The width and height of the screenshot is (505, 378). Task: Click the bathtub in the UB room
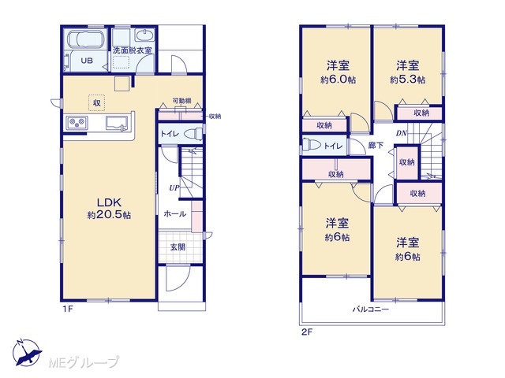click(x=86, y=39)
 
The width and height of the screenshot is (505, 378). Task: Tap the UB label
click(x=87, y=61)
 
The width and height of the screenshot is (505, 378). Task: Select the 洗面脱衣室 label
click(x=132, y=50)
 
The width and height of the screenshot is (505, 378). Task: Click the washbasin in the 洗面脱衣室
click(x=144, y=35)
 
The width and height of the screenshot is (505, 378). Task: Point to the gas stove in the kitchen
click(x=77, y=123)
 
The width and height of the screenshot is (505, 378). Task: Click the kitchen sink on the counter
click(x=117, y=123)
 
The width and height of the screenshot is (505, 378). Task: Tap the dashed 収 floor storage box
click(x=96, y=103)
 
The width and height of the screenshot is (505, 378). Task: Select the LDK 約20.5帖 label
click(x=109, y=209)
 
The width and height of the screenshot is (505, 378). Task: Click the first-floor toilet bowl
click(x=194, y=133)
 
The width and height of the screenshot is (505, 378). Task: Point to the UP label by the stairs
click(x=174, y=187)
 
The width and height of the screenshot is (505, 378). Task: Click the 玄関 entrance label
click(x=178, y=247)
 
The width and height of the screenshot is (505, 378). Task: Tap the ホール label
click(x=175, y=213)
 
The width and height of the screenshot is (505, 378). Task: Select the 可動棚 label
click(x=181, y=101)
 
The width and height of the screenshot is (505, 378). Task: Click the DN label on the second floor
click(x=402, y=133)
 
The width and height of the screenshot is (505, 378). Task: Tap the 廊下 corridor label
click(x=376, y=145)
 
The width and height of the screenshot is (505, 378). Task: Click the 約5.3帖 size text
click(x=407, y=80)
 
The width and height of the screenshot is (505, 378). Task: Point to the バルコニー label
click(x=371, y=309)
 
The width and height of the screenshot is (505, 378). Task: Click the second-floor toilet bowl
click(x=312, y=145)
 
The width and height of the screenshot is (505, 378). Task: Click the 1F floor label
click(x=68, y=309)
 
